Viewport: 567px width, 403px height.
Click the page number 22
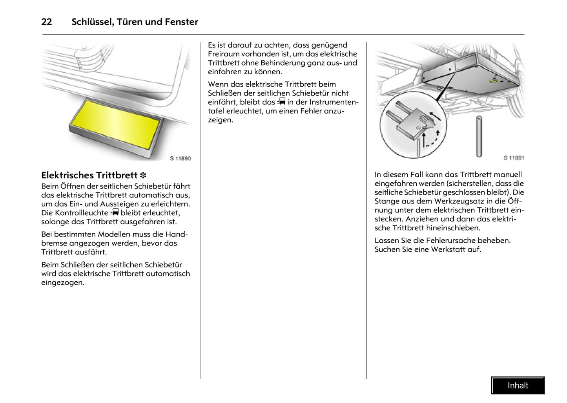point(46,22)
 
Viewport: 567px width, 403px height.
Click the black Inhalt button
point(518,385)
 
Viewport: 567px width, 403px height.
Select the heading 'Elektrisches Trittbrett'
point(89,175)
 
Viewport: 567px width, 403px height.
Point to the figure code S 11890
point(180,158)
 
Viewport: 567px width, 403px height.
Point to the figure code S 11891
point(514,158)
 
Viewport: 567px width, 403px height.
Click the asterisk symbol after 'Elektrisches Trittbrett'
point(143,176)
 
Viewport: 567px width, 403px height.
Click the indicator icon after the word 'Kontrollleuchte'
point(115,212)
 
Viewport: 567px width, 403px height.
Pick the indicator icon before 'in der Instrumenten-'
point(281,102)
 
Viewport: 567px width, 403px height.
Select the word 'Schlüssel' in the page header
point(93,22)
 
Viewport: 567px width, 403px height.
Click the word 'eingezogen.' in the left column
point(62,282)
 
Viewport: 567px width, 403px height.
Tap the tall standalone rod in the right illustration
point(479,136)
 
